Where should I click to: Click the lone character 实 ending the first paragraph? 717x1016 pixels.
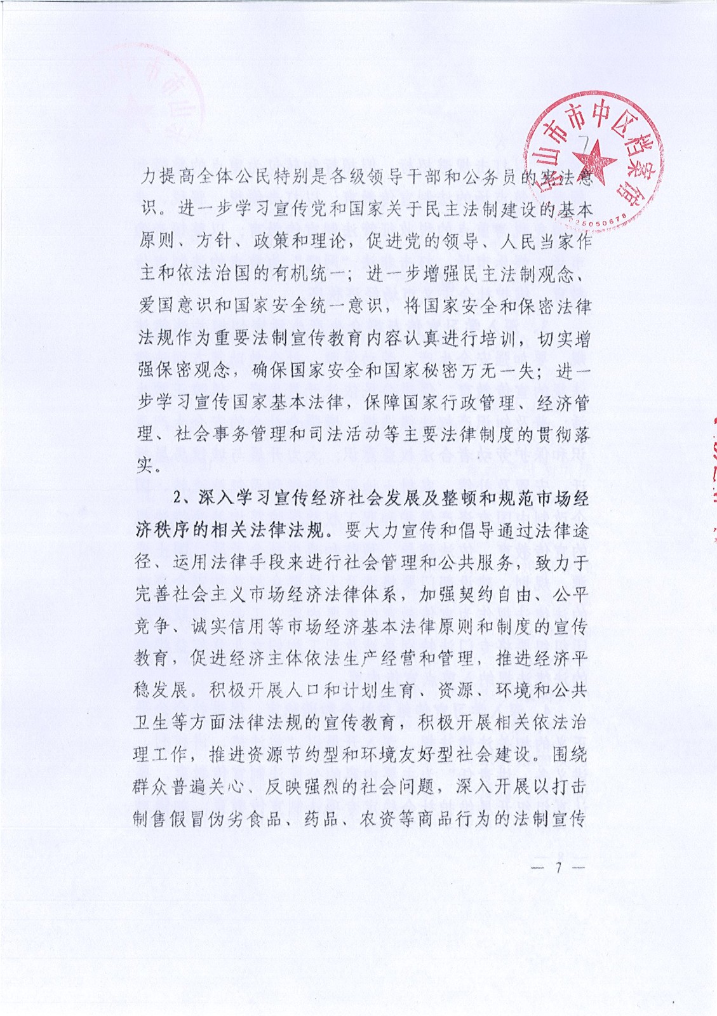[x=145, y=465]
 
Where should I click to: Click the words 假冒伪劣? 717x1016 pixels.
[x=208, y=819]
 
